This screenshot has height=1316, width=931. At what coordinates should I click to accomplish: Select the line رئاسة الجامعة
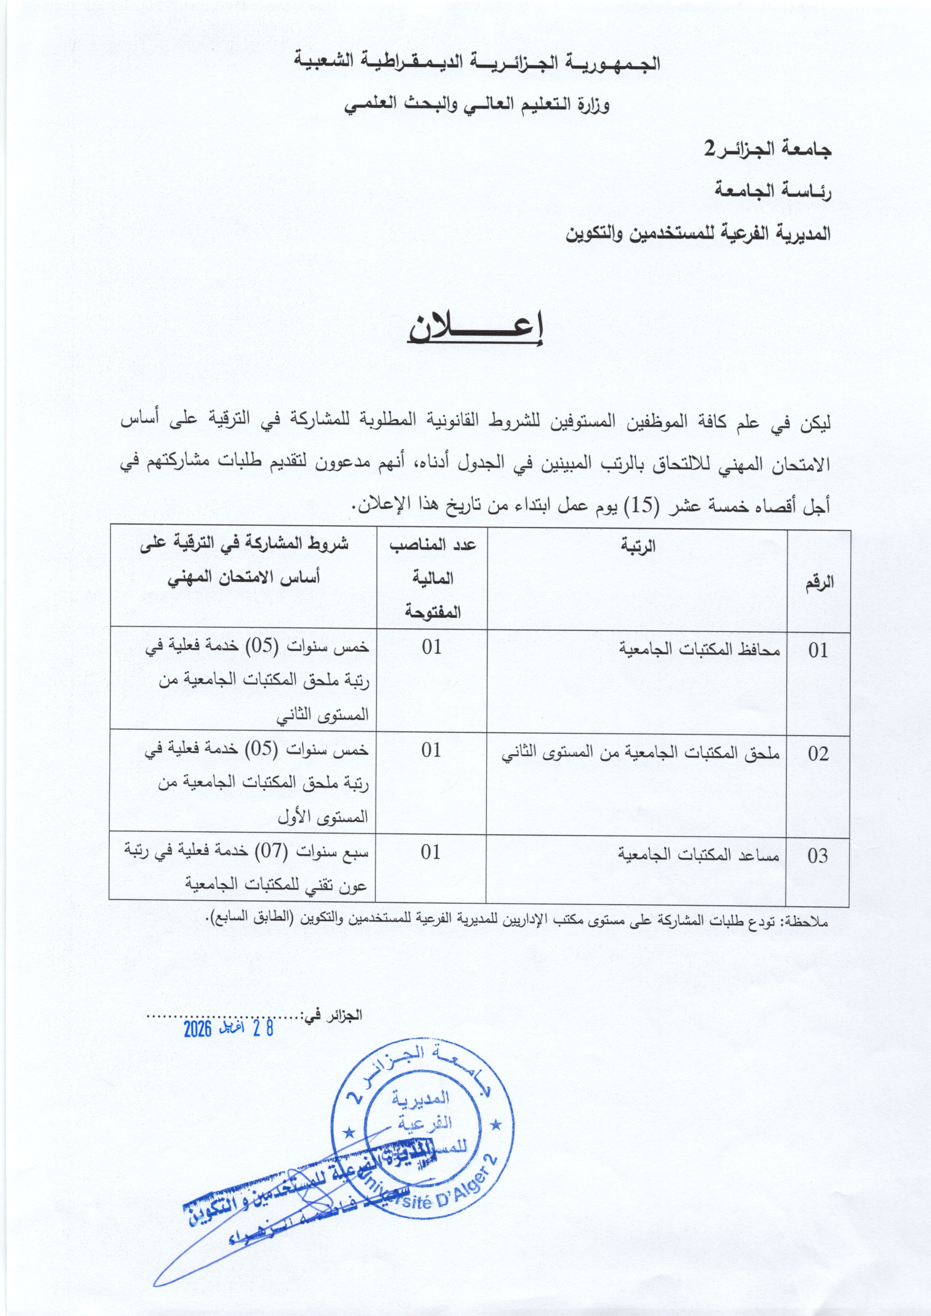(x=772, y=190)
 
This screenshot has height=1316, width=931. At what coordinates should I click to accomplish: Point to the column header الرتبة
(x=637, y=546)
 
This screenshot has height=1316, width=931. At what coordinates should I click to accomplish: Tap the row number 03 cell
(x=818, y=856)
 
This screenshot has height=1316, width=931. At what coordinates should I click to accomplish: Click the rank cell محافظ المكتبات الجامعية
(x=699, y=650)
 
